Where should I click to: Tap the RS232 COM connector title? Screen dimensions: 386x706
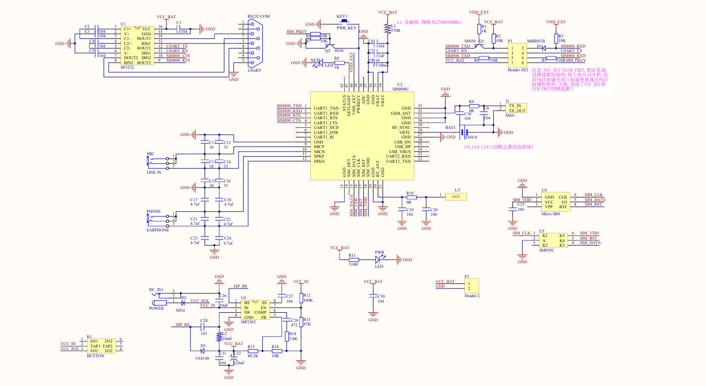[259, 16]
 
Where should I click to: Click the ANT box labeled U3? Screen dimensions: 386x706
[455, 196]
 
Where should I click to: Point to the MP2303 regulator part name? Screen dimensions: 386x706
[249, 321]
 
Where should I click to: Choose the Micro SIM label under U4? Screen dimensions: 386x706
[550, 214]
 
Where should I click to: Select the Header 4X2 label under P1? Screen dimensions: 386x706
[518, 70]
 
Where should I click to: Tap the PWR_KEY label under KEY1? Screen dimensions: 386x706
[347, 27]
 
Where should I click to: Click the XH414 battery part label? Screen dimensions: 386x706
[471, 137]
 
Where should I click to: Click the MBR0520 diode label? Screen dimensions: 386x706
[536, 41]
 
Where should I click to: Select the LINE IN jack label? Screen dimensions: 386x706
[154, 172]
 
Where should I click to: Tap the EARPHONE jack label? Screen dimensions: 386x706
[158, 230]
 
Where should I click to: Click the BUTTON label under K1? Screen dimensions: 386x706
[96, 356]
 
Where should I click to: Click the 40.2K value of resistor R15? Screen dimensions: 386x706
[253, 356]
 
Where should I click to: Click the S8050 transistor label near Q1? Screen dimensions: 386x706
[470, 41]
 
